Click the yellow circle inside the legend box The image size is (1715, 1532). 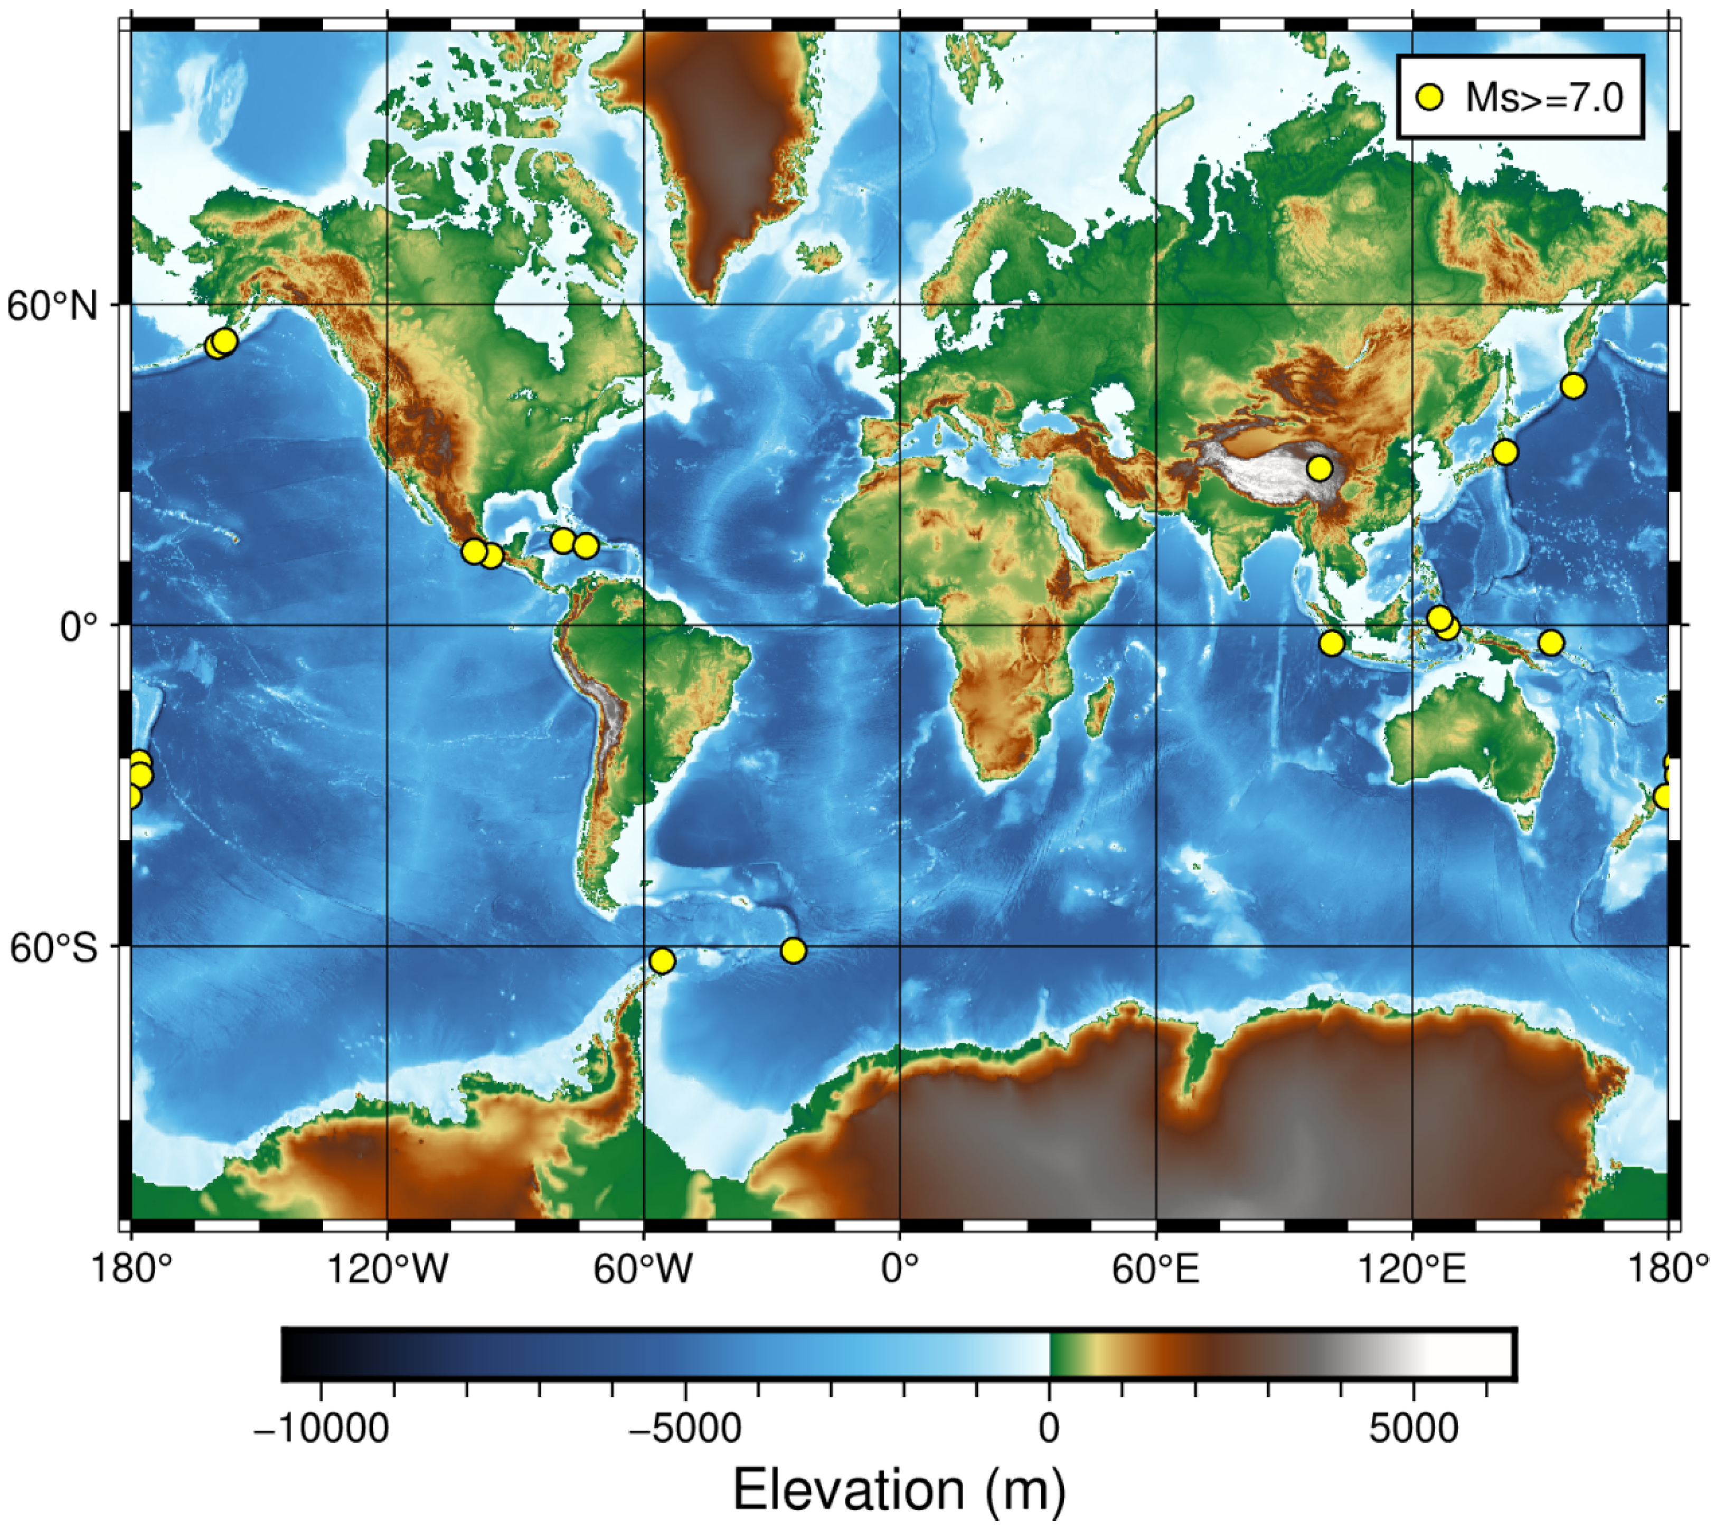[x=1429, y=97]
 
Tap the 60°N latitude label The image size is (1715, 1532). [x=53, y=306]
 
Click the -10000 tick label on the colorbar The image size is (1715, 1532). [x=321, y=1429]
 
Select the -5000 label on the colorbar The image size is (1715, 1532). [x=684, y=1429]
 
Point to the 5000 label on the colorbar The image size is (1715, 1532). [x=1414, y=1429]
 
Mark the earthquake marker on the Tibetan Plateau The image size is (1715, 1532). [x=1320, y=468]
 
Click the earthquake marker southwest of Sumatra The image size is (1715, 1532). [x=1331, y=643]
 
